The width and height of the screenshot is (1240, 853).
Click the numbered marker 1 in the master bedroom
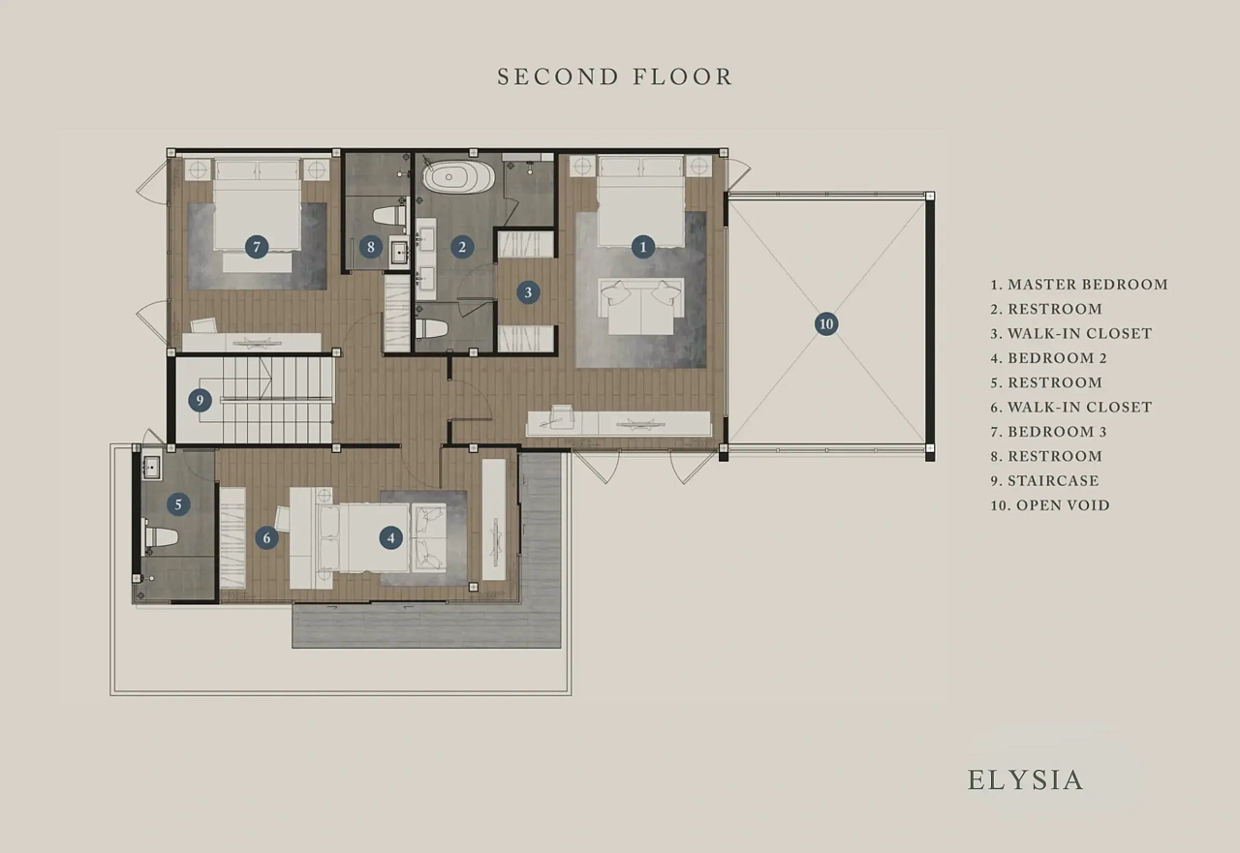point(642,247)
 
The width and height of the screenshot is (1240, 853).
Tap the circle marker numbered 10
point(826,323)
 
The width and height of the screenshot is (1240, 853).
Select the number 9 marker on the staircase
point(200,400)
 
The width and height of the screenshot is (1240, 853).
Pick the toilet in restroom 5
point(161,535)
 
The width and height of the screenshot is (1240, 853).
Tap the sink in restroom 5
point(151,467)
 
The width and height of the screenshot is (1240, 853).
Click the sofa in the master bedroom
point(641,307)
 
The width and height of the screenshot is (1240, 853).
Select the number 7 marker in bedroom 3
point(257,247)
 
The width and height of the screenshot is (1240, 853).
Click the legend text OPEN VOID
point(1063,505)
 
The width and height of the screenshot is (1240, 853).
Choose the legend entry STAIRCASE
point(1053,480)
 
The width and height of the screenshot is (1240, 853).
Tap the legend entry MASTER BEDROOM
point(1088,285)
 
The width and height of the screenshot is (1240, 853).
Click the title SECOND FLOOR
point(615,76)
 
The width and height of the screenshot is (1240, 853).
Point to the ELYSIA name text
point(1025,780)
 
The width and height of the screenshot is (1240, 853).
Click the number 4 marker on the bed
point(390,537)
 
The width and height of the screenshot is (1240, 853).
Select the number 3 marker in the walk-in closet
point(528,292)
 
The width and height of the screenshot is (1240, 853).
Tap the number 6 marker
point(266,537)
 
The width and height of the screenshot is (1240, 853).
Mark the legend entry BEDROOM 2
point(1057,358)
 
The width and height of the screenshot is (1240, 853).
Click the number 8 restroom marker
point(370,247)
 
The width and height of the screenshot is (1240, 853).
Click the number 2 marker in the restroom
point(462,247)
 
